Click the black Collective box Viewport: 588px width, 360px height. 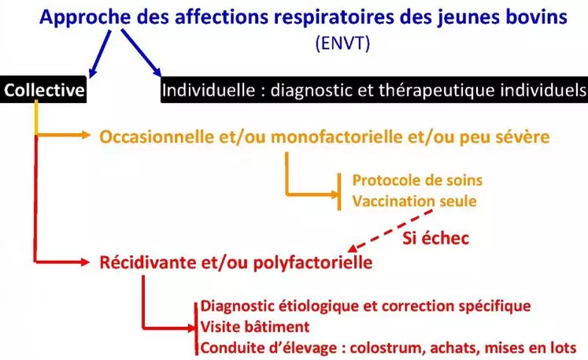point(43,90)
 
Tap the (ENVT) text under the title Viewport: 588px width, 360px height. point(342,43)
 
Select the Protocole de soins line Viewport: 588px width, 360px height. point(417,180)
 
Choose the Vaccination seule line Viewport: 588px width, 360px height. point(414,201)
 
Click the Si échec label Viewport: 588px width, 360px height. point(436,238)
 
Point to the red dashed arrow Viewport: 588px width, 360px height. point(390,231)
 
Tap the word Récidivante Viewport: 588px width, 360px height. point(148,262)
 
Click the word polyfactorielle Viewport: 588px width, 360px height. point(312,263)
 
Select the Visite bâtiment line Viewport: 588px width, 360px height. point(255,327)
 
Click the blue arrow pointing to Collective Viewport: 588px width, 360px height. point(100,54)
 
